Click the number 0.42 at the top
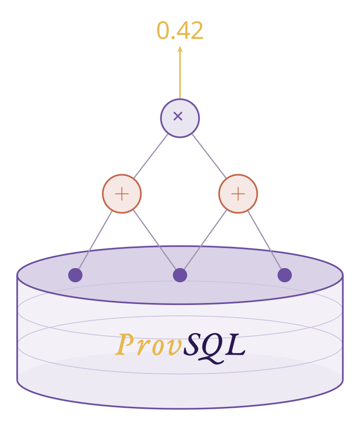(x=180, y=31)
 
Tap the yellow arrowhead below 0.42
(x=180, y=50)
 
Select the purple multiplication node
(x=180, y=118)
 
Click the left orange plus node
(x=122, y=194)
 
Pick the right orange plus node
(x=238, y=194)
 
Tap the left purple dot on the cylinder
(x=75, y=275)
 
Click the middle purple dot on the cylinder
(x=180, y=275)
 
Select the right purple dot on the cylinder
(x=285, y=275)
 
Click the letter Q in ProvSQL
(x=212, y=346)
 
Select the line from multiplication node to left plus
(x=151, y=156)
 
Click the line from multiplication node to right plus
(x=209, y=156)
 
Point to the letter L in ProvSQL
(x=235, y=344)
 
